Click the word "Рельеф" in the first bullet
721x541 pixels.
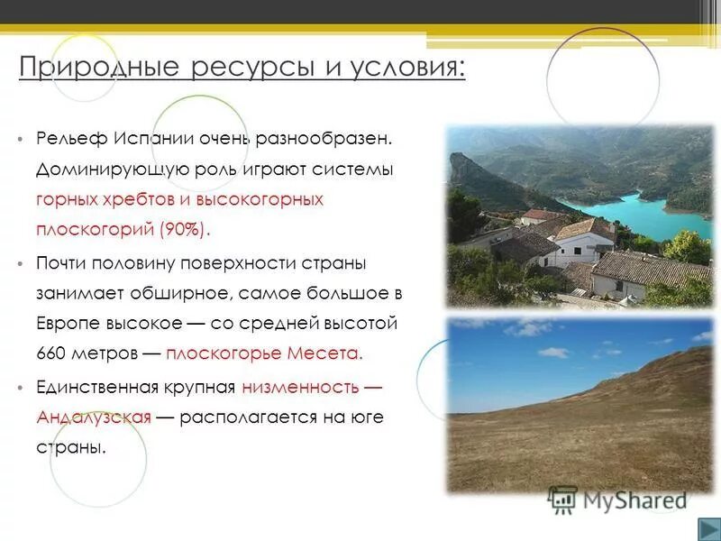[x=72, y=139]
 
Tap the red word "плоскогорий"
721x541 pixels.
[x=94, y=228]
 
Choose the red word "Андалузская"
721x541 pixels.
[x=94, y=417]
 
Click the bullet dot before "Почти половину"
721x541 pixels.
[x=20, y=263]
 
